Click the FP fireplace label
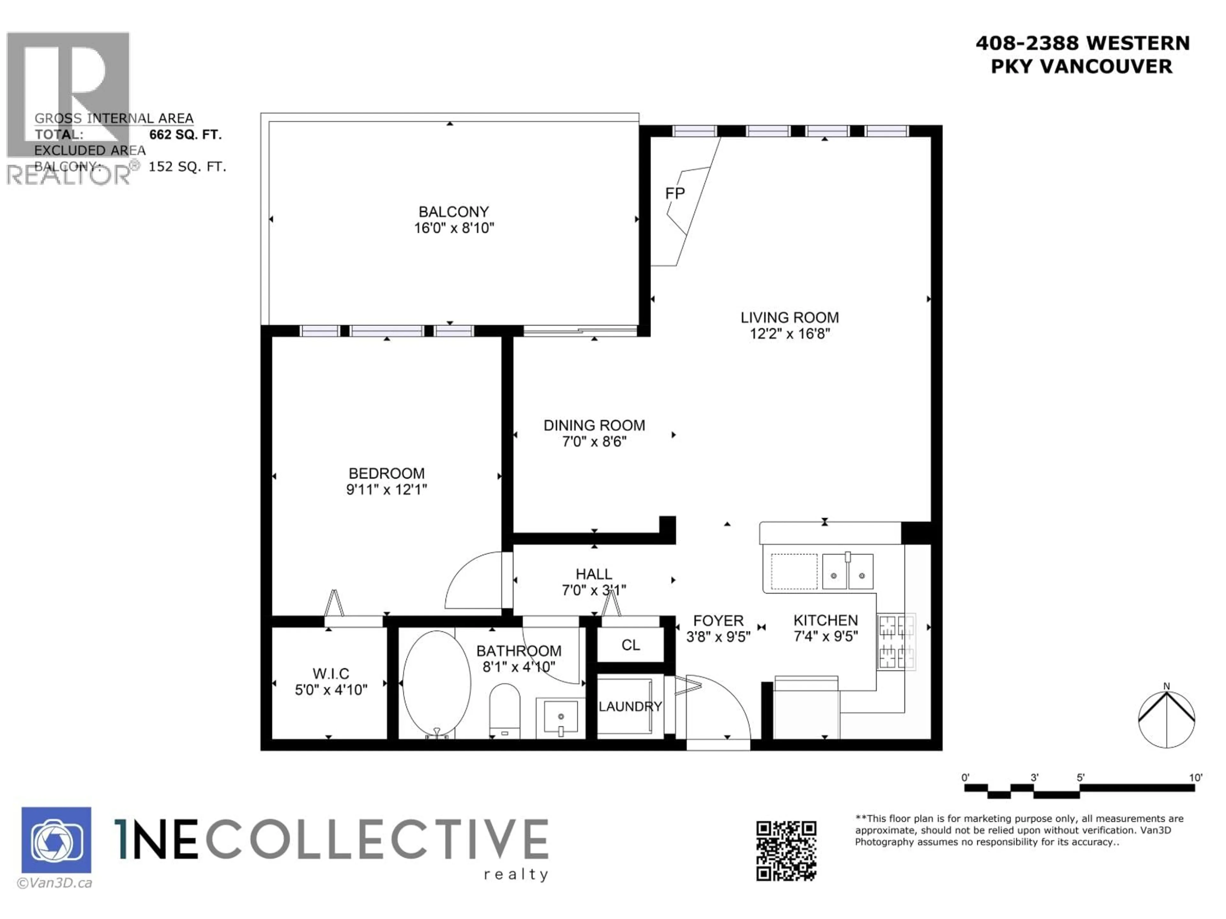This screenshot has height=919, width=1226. [x=675, y=193]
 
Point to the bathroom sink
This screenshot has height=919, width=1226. [x=560, y=717]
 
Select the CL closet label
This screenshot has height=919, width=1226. [x=630, y=645]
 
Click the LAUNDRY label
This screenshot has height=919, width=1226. [x=630, y=706]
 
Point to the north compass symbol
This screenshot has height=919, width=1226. [x=1166, y=719]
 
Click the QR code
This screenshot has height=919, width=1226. [x=786, y=851]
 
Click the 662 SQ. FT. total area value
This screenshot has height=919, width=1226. [x=185, y=135]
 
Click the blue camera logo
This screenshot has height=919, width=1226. [x=57, y=840]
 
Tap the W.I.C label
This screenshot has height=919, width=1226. [x=331, y=674]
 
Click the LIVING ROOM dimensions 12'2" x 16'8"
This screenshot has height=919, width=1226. [x=789, y=333]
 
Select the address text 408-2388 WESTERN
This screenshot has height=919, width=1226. [x=1082, y=43]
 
